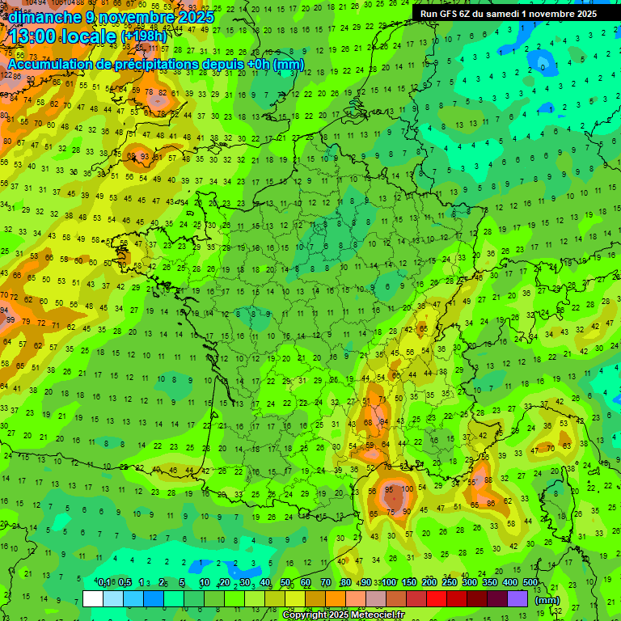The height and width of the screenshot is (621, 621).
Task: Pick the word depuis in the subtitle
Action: click(x=222, y=64)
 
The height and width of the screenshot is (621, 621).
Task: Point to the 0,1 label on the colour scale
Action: click(x=104, y=582)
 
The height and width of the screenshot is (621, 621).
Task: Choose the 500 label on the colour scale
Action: click(x=530, y=582)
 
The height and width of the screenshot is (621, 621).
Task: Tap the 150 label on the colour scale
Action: click(x=409, y=582)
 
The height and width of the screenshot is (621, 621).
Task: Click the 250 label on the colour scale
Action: click(x=450, y=582)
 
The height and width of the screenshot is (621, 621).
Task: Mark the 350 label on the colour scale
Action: click(x=490, y=582)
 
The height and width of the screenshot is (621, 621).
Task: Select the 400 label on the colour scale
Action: click(x=510, y=582)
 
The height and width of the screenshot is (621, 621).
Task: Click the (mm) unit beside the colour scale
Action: click(x=548, y=600)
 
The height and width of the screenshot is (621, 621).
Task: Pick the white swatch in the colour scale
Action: click(x=93, y=598)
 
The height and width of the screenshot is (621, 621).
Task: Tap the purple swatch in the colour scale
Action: click(x=517, y=598)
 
